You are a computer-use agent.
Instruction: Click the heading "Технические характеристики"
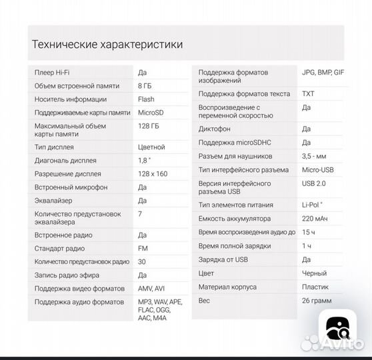(x=107, y=45)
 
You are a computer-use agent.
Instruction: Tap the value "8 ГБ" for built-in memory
(x=145, y=86)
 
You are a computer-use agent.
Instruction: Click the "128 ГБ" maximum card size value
(x=147, y=125)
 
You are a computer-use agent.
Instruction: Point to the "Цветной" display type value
(x=151, y=147)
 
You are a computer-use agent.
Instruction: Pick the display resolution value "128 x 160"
(x=153, y=173)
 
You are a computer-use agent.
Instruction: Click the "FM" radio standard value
(x=143, y=249)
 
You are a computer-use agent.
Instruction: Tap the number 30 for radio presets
(x=142, y=261)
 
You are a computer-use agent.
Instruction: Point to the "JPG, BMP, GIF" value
(x=323, y=72)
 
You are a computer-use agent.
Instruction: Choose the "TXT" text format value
(x=308, y=94)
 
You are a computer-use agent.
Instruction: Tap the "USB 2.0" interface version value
(x=314, y=183)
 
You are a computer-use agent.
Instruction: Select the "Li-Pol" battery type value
(x=312, y=205)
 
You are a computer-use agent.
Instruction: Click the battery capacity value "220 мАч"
(x=315, y=218)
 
